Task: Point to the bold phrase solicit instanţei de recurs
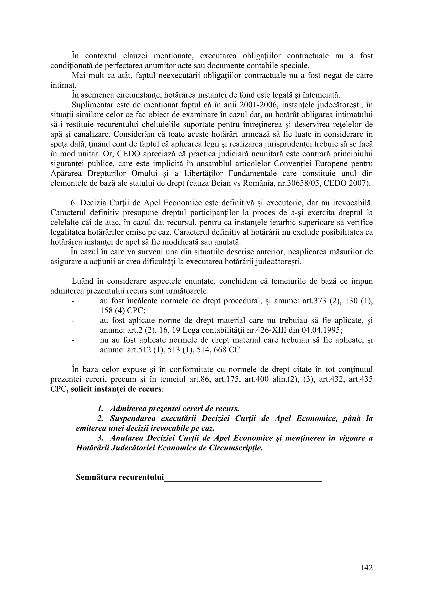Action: pyautogui.click(x=116, y=389)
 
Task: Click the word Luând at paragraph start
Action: pyautogui.click(x=82, y=281)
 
